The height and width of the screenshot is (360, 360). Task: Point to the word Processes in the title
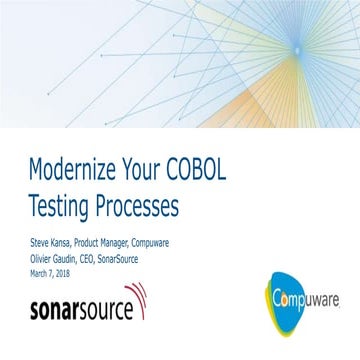[x=140, y=207]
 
